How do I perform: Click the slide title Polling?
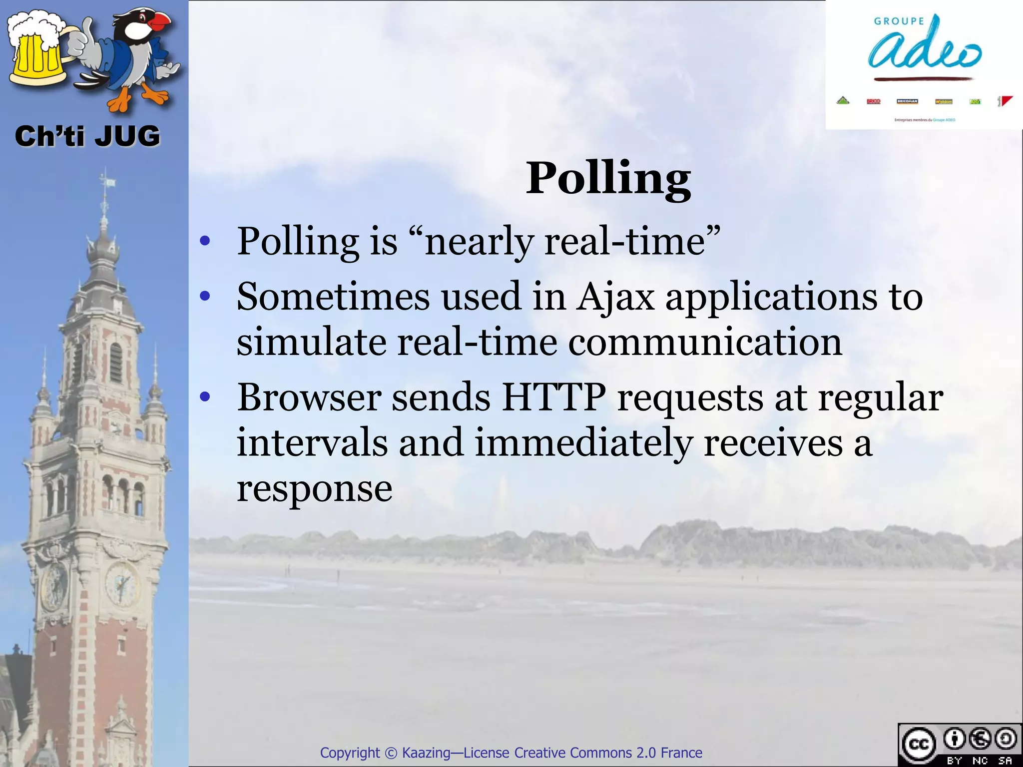tap(608, 179)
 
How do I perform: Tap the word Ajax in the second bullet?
tap(615, 298)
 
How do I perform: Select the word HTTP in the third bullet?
tap(553, 398)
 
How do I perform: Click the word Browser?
tap(309, 398)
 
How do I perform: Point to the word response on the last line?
tap(314, 489)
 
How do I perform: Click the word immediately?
tap(583, 443)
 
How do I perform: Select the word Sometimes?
tap(333, 298)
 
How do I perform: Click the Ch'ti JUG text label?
tap(87, 136)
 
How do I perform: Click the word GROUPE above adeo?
tap(899, 21)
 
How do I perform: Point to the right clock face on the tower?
tap(121, 583)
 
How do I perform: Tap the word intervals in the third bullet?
tap(312, 443)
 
